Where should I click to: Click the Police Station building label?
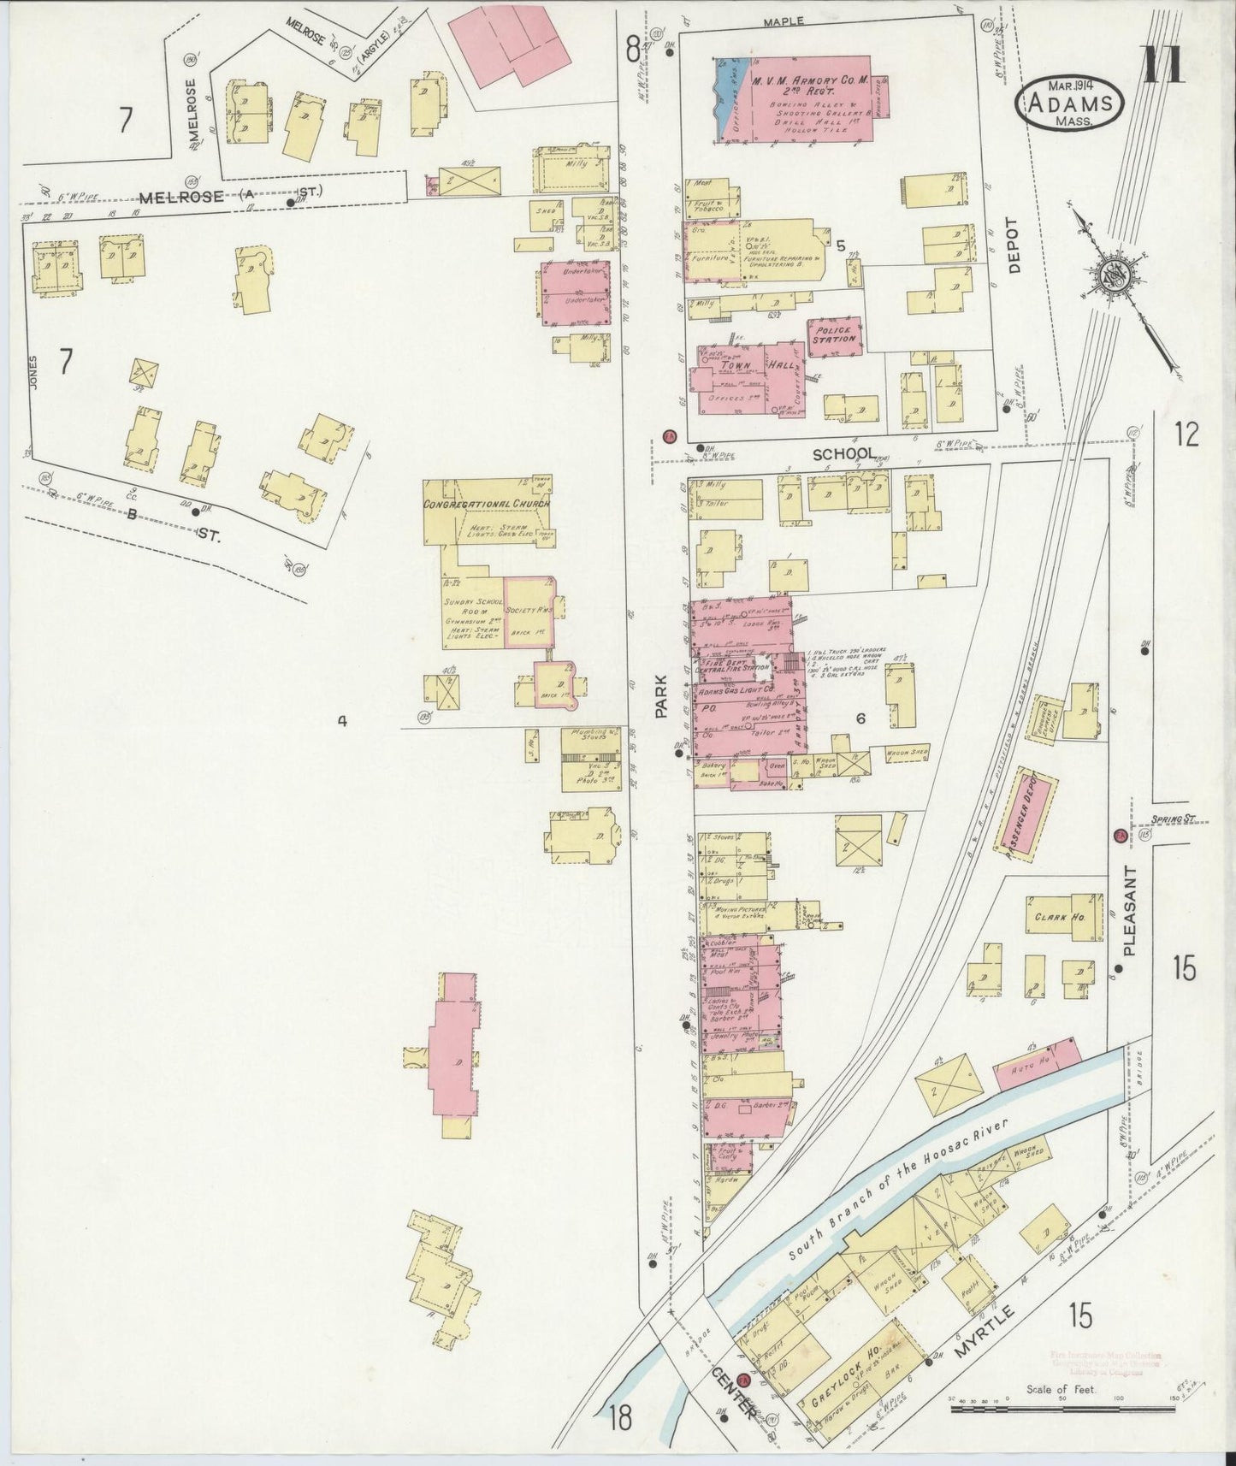[x=834, y=334]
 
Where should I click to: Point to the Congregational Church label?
[x=486, y=504]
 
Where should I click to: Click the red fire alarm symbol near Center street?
[x=744, y=1380]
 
